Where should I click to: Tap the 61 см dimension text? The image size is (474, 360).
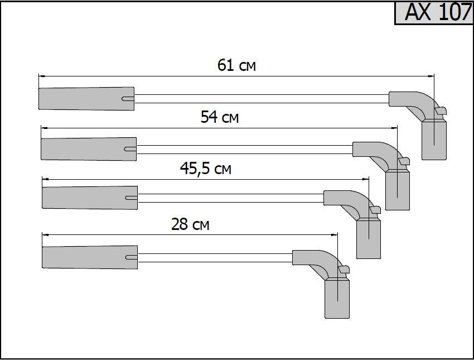(236, 66)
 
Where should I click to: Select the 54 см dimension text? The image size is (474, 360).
(220, 117)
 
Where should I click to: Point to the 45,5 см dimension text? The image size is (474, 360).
(205, 169)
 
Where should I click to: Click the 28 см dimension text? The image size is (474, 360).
(190, 224)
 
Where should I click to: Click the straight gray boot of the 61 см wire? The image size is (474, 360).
(84, 98)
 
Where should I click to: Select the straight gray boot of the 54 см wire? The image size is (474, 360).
(86, 148)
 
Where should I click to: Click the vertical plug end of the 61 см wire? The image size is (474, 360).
(434, 140)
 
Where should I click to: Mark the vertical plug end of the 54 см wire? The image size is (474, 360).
(397, 190)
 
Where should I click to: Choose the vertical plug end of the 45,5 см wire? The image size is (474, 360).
(368, 238)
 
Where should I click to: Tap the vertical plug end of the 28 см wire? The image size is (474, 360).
(337, 299)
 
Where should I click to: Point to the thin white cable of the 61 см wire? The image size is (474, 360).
(262, 99)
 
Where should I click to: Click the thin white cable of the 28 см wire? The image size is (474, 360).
(215, 257)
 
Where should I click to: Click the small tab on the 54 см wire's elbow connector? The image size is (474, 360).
(403, 161)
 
